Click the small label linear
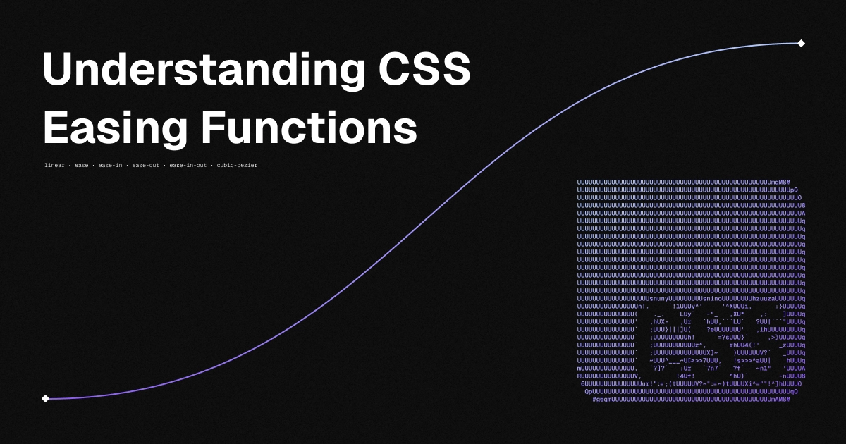(x=54, y=166)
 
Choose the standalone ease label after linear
(x=82, y=166)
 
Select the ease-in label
(x=110, y=166)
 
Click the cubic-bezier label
(x=237, y=166)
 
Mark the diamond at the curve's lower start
(x=45, y=398)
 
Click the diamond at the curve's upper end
(x=801, y=43)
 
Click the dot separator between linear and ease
(x=70, y=166)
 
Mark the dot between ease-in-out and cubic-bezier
(x=211, y=166)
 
